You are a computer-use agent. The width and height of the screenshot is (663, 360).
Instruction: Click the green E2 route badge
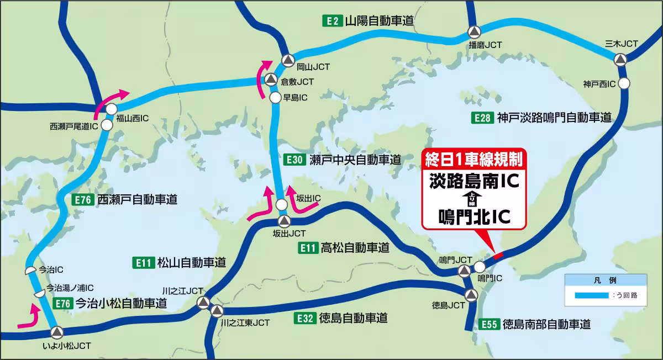click(331, 22)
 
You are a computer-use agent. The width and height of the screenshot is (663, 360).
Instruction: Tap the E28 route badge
click(481, 117)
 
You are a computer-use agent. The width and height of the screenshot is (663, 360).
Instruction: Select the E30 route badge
click(294, 160)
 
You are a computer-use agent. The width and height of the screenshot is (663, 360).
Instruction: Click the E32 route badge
click(304, 318)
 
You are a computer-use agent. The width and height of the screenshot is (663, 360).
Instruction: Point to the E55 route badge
click(490, 324)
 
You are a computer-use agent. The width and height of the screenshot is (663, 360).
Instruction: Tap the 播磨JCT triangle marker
click(474, 32)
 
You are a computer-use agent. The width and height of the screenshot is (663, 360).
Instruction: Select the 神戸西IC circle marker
click(624, 83)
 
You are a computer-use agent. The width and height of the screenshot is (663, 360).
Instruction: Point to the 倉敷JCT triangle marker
click(271, 80)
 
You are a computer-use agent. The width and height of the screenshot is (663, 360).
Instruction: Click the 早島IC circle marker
click(275, 98)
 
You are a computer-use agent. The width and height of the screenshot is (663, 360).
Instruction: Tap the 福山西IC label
click(133, 118)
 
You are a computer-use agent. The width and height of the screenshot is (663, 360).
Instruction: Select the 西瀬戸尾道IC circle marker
click(107, 125)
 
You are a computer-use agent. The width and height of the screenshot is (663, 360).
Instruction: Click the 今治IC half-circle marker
click(31, 271)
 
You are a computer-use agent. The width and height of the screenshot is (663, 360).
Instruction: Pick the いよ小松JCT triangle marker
click(57, 332)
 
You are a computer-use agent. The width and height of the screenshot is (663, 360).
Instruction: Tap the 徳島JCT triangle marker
click(471, 294)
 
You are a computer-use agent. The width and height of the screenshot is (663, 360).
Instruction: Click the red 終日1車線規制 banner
click(473, 160)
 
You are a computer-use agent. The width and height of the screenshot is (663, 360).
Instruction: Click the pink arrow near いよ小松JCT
click(30, 319)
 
